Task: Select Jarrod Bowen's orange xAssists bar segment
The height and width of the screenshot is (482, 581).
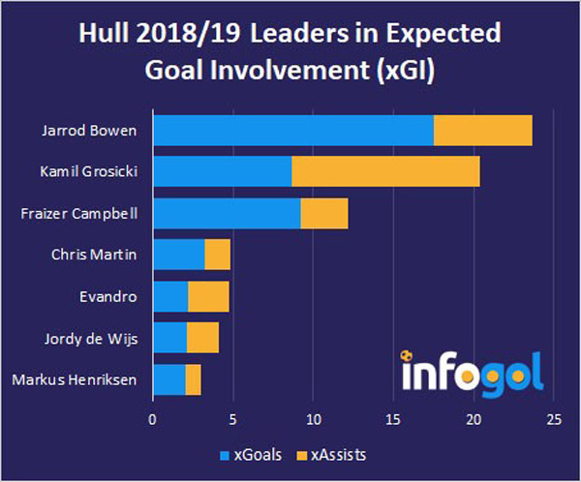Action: click(x=482, y=130)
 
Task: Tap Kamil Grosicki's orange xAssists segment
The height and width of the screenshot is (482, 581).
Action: click(x=384, y=171)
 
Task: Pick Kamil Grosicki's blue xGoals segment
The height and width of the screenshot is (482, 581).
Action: click(x=222, y=171)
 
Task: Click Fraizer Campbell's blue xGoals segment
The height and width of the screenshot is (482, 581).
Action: click(x=227, y=213)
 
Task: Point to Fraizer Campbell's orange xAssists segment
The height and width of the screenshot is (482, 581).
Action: click(x=323, y=213)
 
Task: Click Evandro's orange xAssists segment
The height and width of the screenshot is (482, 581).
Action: click(x=208, y=296)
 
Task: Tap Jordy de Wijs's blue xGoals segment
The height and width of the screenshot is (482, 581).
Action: click(x=169, y=338)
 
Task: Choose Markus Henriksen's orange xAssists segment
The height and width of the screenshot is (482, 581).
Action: click(x=193, y=379)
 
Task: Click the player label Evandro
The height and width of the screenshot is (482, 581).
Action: click(x=107, y=296)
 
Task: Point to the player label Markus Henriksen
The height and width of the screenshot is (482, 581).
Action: click(x=75, y=379)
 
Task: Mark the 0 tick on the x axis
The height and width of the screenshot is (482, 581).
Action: click(x=152, y=421)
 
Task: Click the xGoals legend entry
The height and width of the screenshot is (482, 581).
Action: click(x=244, y=453)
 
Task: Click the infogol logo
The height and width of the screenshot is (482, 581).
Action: click(x=472, y=370)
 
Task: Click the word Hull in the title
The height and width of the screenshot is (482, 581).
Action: click(x=103, y=34)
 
